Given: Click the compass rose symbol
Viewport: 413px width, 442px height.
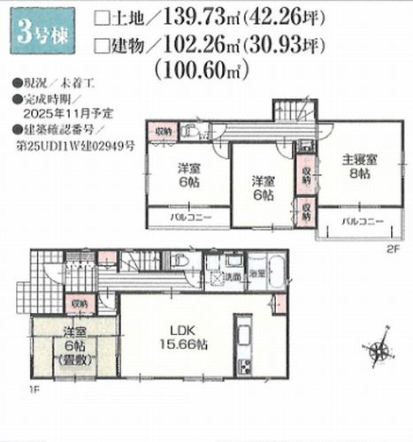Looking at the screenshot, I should tap(381, 345).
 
